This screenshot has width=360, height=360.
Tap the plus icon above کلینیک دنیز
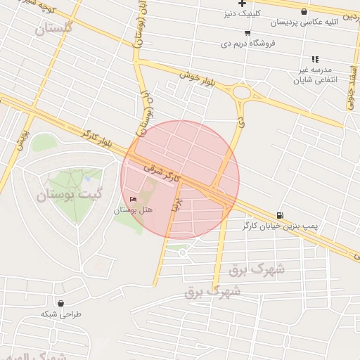(242, 3)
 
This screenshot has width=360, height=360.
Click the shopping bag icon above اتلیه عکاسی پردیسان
(304, 12)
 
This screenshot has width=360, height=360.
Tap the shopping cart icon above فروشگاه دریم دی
(247, 33)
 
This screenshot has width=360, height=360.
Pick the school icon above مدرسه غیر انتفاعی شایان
(315, 60)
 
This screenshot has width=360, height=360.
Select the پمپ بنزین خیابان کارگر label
(278, 226)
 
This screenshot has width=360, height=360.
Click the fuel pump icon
(281, 215)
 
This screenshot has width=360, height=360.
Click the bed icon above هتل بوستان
(134, 200)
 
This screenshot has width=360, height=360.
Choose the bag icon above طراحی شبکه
(61, 303)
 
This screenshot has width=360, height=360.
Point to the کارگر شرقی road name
(162, 170)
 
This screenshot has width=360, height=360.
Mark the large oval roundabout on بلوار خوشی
(243, 92)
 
